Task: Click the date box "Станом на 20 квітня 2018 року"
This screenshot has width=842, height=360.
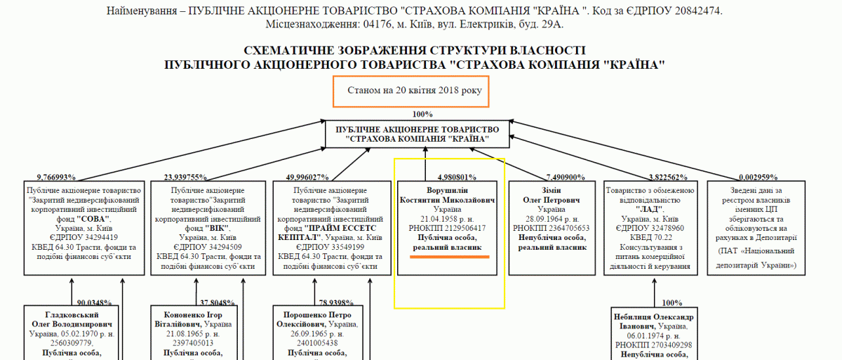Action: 411,91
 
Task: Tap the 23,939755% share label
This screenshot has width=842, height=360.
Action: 186,177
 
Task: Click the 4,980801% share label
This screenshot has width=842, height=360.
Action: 457,177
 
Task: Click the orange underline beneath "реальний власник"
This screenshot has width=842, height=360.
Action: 449,257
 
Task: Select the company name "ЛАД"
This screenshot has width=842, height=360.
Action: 649,209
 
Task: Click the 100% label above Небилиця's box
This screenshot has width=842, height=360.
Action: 671,302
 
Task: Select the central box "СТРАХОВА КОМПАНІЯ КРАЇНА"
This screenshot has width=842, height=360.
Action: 417,134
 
